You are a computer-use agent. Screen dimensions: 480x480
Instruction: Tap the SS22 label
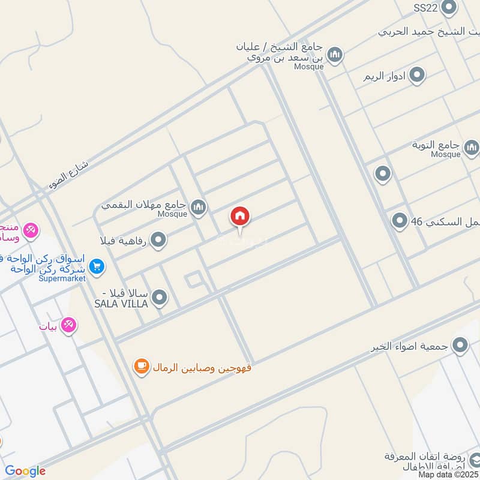tap(426, 8)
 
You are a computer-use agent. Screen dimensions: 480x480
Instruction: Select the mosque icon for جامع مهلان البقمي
tap(199, 208)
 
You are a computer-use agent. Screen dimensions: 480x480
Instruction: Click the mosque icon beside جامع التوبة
tap(472, 146)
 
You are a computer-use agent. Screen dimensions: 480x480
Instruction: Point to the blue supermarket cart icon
tap(97, 265)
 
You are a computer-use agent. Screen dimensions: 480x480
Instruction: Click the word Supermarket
tap(62, 278)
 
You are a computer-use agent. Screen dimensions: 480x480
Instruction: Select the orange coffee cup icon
tap(142, 366)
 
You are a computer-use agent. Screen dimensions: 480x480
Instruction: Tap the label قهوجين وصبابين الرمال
tap(202, 367)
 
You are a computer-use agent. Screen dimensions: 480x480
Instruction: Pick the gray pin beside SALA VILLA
tap(160, 297)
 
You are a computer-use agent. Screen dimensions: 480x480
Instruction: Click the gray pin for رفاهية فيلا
tap(158, 241)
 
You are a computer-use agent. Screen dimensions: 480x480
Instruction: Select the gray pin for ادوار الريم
tap(417, 76)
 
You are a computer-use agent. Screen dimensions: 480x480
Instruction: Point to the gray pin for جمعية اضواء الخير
tap(460, 345)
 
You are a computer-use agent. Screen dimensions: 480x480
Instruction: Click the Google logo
tap(25, 471)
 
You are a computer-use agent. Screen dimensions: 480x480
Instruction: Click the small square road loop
tap(193, 280)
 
